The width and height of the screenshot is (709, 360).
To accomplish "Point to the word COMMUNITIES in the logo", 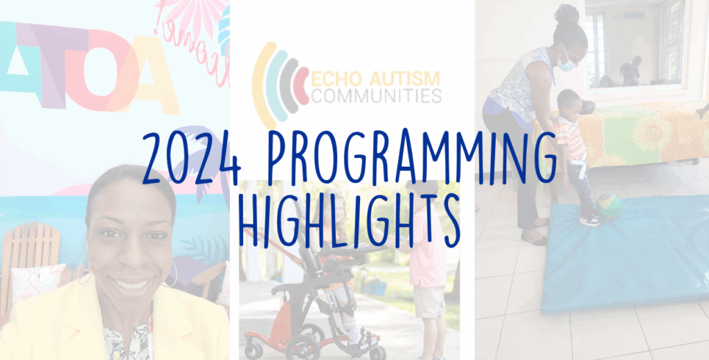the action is pyautogui.click(x=377, y=96).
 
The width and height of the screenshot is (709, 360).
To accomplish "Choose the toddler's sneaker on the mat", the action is pyautogui.click(x=589, y=220).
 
